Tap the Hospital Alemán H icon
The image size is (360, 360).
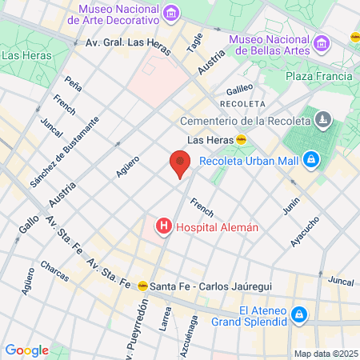pos(164,226)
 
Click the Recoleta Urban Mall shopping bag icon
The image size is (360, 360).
pos(315,161)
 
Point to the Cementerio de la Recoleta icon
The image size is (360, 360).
pos(322,120)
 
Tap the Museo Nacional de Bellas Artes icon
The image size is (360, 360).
pos(321,42)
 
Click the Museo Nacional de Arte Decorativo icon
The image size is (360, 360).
pos(170,14)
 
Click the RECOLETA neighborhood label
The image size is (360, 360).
pos(244,104)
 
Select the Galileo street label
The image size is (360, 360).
pos(239,88)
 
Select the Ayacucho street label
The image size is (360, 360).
pos(305,231)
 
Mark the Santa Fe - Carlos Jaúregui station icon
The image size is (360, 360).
pos(142,284)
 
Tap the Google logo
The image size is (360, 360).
pos(26,350)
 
